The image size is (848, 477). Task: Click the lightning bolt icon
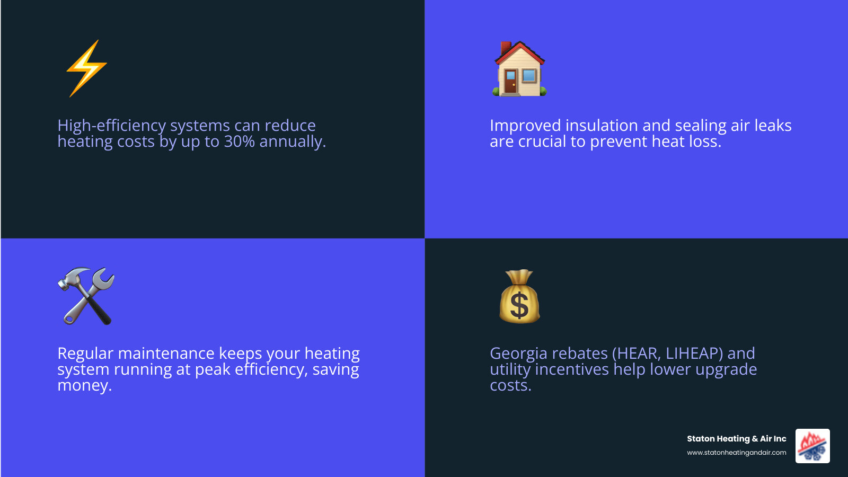pyautogui.click(x=86, y=68)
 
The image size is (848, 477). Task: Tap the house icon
pyautogui.click(x=519, y=69)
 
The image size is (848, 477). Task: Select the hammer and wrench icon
pyautogui.click(x=86, y=296)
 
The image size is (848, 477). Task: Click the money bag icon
pyautogui.click(x=519, y=297)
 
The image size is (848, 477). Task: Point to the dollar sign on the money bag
pyautogui.click(x=519, y=306)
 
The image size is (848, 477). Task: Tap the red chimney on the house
pyautogui.click(x=506, y=48)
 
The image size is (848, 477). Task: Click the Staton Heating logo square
pyautogui.click(x=812, y=446)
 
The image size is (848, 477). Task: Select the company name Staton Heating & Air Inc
pyautogui.click(x=736, y=439)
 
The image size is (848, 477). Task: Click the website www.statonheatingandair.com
pyautogui.click(x=736, y=453)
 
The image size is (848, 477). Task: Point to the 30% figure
pyautogui.click(x=240, y=142)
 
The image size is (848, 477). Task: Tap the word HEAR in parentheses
pyautogui.click(x=638, y=354)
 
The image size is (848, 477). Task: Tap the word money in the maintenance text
pyautogui.click(x=84, y=385)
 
